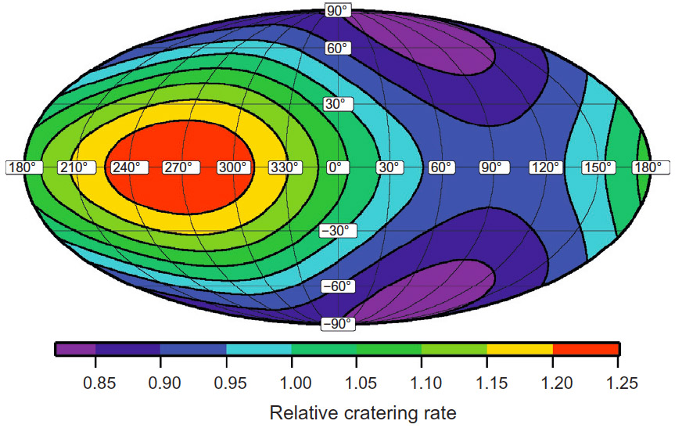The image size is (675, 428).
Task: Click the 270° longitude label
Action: pos(181,167)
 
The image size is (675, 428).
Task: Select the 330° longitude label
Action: pos(285,167)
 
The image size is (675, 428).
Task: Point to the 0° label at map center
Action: pos(337,167)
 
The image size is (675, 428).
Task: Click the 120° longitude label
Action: pos(545,167)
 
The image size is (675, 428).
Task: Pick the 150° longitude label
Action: pos(598,167)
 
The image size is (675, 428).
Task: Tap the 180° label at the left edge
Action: pos(23,167)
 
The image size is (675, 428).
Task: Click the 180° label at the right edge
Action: pos(651,167)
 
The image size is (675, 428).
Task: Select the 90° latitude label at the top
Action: pos(337,11)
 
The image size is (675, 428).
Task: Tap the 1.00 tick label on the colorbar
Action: pos(291,384)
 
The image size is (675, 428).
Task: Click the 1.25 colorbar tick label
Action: pos(619,384)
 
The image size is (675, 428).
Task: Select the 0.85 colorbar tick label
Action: pos(95,384)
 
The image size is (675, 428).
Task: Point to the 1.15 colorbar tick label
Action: pos(487,384)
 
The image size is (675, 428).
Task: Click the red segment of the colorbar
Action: pos(585,349)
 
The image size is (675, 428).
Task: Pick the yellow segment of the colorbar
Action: pos(519,349)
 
